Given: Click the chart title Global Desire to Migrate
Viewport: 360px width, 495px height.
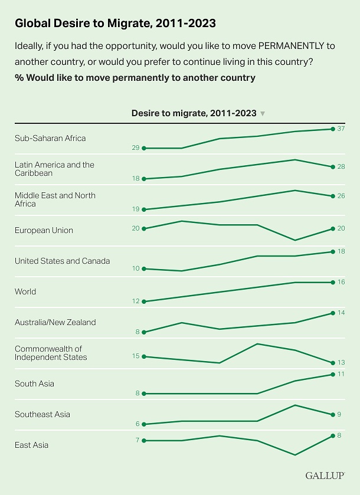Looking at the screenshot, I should (115, 23).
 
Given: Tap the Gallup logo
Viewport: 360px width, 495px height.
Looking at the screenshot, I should (325, 475).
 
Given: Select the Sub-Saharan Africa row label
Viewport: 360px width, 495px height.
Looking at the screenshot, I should (50, 138).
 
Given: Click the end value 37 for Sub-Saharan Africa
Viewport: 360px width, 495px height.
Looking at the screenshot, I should (341, 129).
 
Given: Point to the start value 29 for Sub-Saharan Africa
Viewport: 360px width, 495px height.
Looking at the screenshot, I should (136, 148).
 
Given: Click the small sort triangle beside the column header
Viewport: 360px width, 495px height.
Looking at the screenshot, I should (263, 113).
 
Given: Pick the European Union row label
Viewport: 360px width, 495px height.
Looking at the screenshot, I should (44, 230).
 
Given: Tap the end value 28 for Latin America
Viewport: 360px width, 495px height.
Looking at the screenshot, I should (341, 167).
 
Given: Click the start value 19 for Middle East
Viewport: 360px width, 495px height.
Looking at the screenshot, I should (136, 209).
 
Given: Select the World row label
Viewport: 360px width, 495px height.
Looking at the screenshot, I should (25, 291).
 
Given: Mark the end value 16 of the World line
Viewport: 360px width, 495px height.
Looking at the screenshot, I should (341, 283).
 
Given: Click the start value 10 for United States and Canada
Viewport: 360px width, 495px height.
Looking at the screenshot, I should (136, 268).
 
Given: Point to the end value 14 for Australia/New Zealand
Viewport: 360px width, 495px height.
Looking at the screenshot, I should (341, 313).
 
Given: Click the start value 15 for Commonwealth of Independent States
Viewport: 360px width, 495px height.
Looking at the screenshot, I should (136, 356).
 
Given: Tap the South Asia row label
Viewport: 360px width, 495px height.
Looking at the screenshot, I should (34, 383).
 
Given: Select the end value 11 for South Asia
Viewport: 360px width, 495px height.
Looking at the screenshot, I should (341, 374).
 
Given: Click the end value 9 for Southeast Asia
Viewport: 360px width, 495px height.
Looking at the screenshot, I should (339, 414).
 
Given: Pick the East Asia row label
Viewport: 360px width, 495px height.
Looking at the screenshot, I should (32, 445).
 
